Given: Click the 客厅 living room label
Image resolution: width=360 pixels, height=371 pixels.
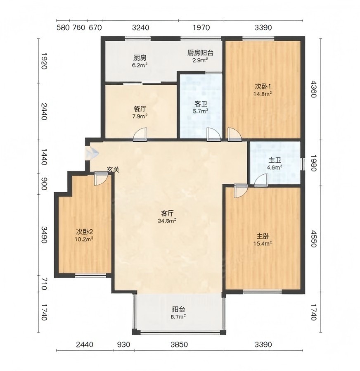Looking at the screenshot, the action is click(x=167, y=214).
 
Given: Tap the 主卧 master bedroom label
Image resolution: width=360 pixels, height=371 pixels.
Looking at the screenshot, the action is click(x=263, y=236).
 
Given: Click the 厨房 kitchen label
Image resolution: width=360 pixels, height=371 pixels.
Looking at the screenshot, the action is click(x=140, y=57).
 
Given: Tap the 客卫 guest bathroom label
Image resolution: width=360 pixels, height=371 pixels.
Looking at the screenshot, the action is click(x=201, y=104).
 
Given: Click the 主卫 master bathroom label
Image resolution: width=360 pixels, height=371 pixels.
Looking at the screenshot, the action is click(x=275, y=160).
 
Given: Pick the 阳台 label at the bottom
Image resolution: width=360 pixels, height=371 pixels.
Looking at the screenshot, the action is click(x=178, y=309).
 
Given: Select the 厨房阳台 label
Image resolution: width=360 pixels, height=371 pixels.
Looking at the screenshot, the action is click(x=200, y=52).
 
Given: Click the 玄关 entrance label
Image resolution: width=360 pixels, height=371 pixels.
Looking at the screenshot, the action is click(x=113, y=169).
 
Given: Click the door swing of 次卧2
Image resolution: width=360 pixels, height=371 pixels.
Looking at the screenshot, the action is click(x=101, y=179).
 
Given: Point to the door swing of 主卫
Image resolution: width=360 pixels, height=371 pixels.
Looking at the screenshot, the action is click(x=261, y=180).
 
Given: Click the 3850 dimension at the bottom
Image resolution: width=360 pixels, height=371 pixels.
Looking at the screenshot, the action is click(x=179, y=345).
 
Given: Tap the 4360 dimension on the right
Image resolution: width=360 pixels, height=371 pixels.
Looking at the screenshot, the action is click(x=313, y=89).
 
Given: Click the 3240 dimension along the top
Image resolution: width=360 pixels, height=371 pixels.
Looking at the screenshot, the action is click(x=141, y=27).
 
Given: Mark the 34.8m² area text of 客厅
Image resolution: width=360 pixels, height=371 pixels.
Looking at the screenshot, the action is click(x=167, y=221).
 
